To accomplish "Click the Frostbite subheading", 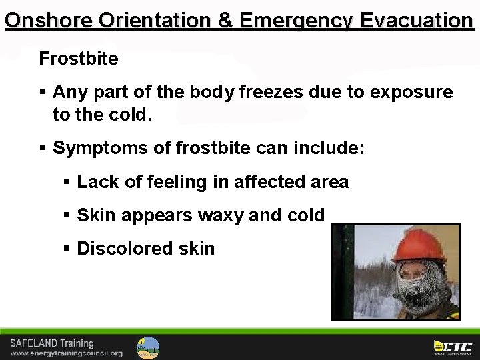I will tap(79, 59).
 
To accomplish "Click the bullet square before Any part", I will tap(43, 91).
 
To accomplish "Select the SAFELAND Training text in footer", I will tap(52, 343).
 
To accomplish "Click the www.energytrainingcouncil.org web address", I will tap(66, 353).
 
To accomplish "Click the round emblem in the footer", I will tap(148, 347).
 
